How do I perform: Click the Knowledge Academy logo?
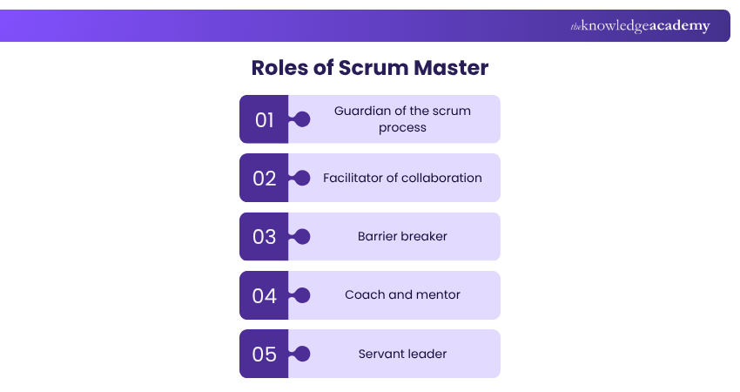tap(640, 26)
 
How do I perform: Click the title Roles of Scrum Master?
tap(370, 68)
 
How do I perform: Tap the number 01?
tap(265, 119)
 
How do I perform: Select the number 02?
tap(265, 179)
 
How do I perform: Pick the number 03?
tap(265, 237)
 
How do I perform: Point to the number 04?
tap(265, 295)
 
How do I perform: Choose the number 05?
tap(265, 355)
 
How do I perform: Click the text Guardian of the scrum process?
tap(402, 119)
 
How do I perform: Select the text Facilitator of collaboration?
tap(402, 178)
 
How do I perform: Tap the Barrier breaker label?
tap(402, 236)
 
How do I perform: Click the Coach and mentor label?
tap(402, 294)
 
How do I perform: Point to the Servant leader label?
tap(402, 354)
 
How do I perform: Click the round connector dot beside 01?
tap(302, 119)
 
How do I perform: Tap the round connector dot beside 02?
tap(302, 178)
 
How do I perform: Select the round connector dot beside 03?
tap(302, 236)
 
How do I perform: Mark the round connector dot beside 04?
tap(302, 295)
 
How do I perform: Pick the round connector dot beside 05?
tap(302, 354)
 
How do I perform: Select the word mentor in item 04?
tap(438, 294)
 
